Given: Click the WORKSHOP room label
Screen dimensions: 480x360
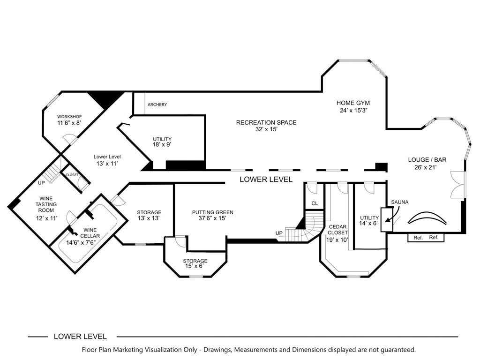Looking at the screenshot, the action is (x=69, y=117).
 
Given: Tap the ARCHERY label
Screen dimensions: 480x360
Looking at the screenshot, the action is (x=157, y=105).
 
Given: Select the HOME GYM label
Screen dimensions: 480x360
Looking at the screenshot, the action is (x=353, y=103).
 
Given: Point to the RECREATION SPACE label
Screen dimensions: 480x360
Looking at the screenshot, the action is (x=266, y=122).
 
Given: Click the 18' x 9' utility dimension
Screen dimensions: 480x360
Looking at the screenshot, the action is (x=162, y=144).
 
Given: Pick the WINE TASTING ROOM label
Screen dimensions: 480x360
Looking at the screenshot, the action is (x=46, y=204).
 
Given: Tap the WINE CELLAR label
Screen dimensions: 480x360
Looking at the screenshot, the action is (x=90, y=233).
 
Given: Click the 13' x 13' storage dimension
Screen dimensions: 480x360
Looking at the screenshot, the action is (x=149, y=218).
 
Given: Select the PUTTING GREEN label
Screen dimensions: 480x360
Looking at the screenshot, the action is (x=213, y=212).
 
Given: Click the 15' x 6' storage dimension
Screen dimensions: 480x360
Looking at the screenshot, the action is (x=195, y=266).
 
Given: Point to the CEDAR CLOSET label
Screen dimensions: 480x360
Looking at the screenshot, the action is (x=337, y=230).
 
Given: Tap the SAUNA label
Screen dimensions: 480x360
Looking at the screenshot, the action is (x=400, y=202).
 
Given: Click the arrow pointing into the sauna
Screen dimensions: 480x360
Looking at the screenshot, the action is (x=392, y=214).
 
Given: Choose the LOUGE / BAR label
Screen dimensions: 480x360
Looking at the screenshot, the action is (x=427, y=160).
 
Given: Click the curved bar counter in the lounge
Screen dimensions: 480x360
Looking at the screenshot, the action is (x=427, y=214).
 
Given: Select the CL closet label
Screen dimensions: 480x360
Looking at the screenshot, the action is (x=315, y=203).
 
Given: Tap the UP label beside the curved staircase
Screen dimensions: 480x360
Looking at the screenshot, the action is (x=279, y=233).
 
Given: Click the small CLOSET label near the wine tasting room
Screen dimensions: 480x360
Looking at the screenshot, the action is (x=72, y=175).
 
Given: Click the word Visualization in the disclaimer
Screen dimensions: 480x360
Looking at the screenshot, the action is (x=164, y=350).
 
